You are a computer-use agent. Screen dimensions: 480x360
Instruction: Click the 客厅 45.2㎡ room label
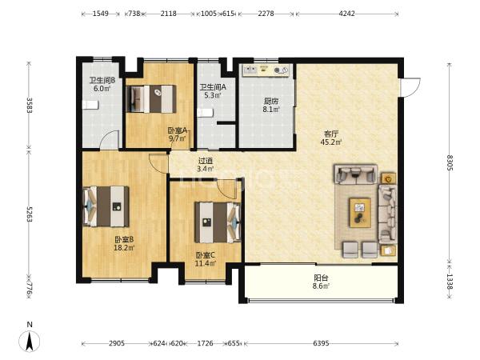(331, 138)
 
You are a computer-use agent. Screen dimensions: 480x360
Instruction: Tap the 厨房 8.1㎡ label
(271, 105)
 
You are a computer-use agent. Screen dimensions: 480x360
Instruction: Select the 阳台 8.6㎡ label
(321, 282)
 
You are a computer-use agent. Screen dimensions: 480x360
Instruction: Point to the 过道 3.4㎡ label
(206, 164)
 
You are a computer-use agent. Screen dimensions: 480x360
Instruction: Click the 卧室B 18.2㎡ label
(124, 243)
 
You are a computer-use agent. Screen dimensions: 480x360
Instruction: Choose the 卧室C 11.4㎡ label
(206, 259)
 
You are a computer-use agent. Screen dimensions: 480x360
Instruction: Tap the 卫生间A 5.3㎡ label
(213, 91)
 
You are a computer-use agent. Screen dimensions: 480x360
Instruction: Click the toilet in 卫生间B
(90, 105)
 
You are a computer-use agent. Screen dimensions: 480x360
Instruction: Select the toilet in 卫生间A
(205, 113)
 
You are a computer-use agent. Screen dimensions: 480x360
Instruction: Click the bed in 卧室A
(151, 99)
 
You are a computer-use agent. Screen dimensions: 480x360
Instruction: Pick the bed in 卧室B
(106, 206)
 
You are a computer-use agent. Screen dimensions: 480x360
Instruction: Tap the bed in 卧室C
(218, 222)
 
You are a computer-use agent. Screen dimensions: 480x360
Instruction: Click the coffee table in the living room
(360, 213)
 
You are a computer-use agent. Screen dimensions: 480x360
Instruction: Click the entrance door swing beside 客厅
(410, 88)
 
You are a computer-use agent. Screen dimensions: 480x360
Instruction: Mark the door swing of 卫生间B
(110, 139)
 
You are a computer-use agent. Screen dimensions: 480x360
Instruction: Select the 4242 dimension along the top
(347, 14)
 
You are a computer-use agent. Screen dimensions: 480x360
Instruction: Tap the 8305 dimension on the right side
(449, 162)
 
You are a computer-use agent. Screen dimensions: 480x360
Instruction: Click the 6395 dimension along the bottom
(321, 343)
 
